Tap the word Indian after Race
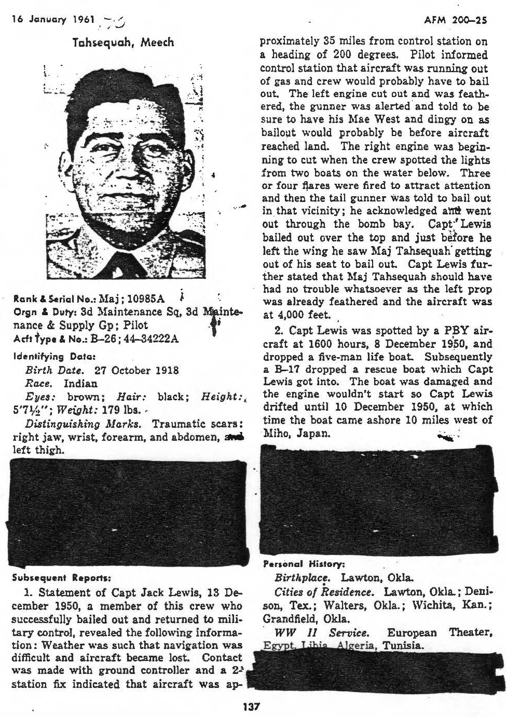pos(80,384)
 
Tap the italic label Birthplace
pos(302,578)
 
